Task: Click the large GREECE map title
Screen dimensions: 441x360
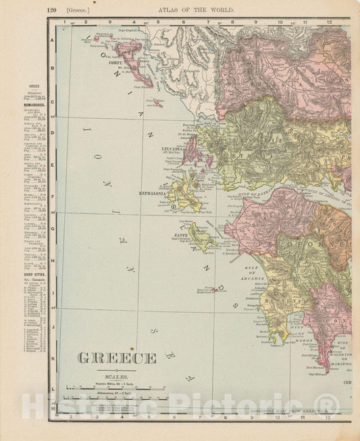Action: pyautogui.click(x=117, y=358)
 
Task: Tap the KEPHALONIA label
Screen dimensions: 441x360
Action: pyautogui.click(x=153, y=192)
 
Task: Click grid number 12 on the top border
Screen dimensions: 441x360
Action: pyautogui.click(x=328, y=22)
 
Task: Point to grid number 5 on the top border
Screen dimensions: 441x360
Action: pyautogui.click(x=157, y=22)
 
